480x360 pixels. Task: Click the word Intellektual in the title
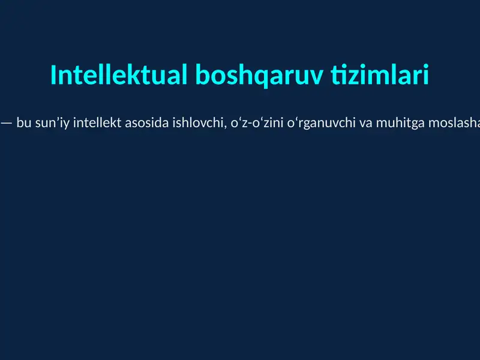pos(119,76)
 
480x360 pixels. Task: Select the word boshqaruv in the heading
pos(259,76)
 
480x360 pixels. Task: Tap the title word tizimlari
pos(380,76)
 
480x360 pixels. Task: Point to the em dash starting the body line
pos(6,124)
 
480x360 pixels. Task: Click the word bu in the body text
pos(24,124)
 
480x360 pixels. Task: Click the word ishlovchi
pos(193,124)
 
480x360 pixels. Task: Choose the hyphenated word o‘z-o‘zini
pos(247,124)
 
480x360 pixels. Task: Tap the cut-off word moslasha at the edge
pos(449,124)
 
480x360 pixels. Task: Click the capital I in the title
pos(54,76)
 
